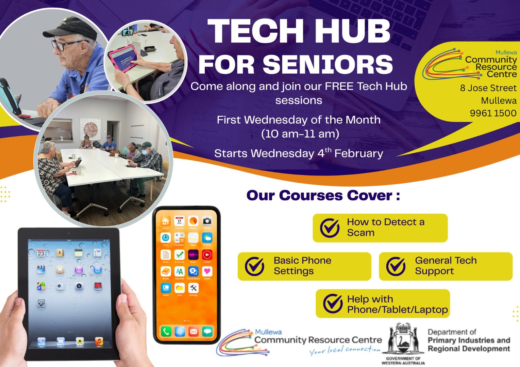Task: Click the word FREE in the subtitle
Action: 339,86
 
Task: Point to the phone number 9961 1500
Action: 493,113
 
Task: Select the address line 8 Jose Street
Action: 488,88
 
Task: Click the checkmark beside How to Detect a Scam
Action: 330,228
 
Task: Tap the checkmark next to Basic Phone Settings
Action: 255,266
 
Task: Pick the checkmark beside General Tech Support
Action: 396,266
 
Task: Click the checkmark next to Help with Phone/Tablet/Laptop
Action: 333,303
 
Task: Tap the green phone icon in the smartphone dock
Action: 166,331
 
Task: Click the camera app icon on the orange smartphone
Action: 207,221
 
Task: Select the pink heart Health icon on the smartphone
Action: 207,271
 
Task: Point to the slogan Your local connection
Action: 345,350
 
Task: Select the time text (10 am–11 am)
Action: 300,134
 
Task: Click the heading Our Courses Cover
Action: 323,196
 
